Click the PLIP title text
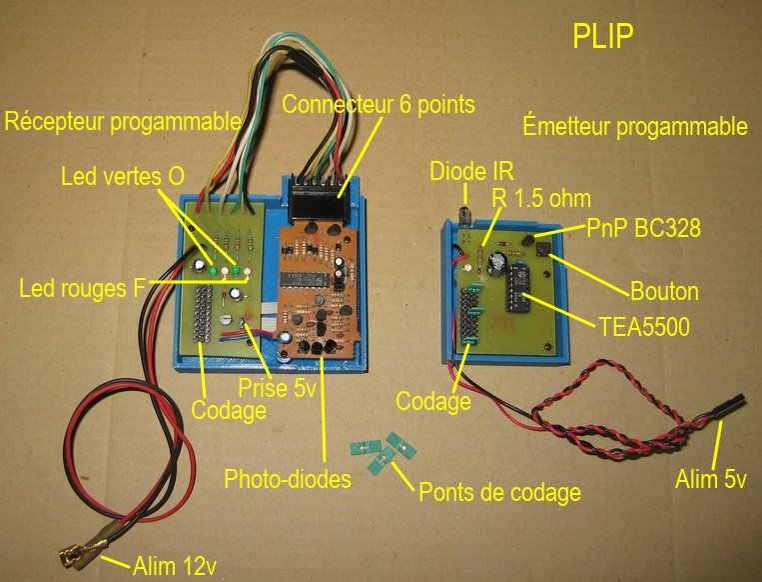604,37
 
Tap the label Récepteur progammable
123,122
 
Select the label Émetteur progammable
635,127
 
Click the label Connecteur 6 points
378,103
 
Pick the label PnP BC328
646,228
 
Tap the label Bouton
662,293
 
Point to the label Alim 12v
175,567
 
